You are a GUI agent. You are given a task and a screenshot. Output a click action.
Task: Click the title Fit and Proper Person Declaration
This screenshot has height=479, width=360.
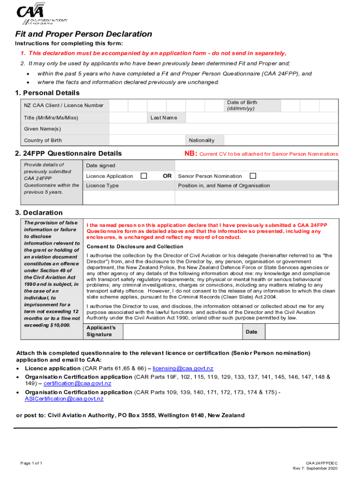click(84, 34)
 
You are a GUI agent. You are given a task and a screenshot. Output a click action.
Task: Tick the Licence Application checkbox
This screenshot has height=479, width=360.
click(144, 176)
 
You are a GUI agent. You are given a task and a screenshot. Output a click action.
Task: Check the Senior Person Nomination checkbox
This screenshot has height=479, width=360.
click(253, 176)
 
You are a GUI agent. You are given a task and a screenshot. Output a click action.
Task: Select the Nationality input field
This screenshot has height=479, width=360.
click(281, 140)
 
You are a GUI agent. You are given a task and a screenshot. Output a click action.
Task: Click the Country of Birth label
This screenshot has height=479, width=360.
click(43, 140)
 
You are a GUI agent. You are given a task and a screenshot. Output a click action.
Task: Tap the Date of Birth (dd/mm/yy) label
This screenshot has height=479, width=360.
click(242, 105)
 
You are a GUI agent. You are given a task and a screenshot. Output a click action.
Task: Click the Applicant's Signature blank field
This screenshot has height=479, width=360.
click(182, 331)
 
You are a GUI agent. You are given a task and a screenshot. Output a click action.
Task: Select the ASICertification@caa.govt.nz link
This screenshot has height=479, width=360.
click(64, 399)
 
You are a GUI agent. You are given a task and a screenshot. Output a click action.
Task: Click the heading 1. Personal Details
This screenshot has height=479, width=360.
click(48, 93)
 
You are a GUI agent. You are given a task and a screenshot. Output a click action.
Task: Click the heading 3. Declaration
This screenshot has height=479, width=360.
click(39, 212)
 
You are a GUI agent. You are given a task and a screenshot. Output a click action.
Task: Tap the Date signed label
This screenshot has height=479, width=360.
click(101, 166)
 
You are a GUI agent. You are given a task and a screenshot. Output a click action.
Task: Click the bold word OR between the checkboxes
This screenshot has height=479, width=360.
click(167, 176)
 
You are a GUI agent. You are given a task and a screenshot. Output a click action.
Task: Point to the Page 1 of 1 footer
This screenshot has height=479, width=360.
click(31, 463)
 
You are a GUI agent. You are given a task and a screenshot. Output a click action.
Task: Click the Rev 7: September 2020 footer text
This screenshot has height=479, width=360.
click(315, 468)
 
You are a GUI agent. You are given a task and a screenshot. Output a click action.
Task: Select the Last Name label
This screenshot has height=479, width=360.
click(164, 117)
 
